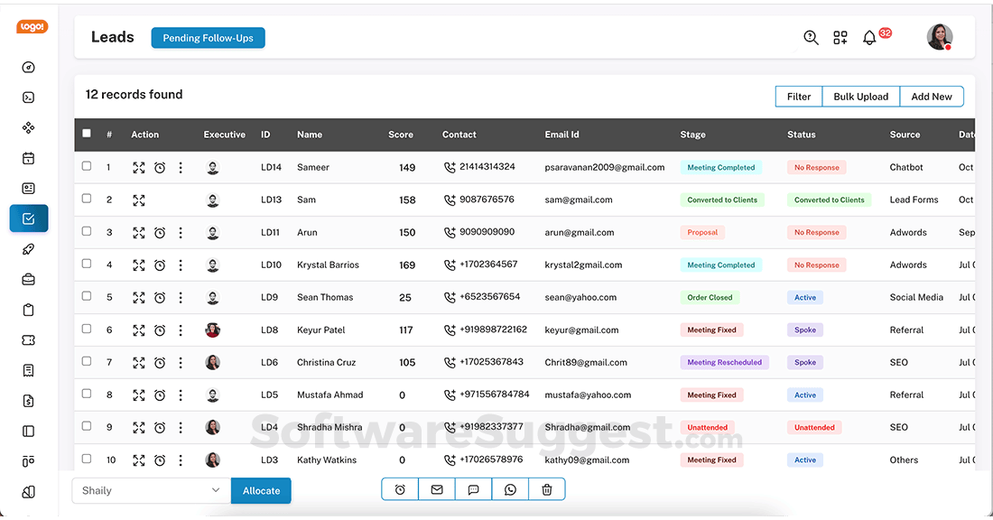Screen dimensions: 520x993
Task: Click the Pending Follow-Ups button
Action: coord(208,38)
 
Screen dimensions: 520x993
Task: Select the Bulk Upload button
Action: coord(860,97)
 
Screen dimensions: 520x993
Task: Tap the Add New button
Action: coord(931,97)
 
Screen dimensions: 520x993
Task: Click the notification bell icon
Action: coord(869,38)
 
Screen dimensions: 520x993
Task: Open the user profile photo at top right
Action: coord(939,37)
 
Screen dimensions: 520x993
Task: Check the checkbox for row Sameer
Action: coord(87,166)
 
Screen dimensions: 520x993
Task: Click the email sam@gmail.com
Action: coord(578,200)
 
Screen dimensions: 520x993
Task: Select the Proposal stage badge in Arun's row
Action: coord(702,232)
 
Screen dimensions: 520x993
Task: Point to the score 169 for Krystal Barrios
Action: coord(407,265)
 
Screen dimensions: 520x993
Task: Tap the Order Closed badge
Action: coord(710,297)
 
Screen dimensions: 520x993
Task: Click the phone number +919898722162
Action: coord(493,330)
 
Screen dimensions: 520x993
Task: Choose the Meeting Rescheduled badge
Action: coord(724,362)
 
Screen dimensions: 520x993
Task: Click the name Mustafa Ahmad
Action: coord(329,395)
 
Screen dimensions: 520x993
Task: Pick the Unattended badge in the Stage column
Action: coord(707,427)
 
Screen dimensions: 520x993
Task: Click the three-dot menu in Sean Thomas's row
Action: coord(181,297)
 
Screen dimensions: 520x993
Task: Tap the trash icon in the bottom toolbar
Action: coord(546,489)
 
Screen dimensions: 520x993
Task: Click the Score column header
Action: coord(401,135)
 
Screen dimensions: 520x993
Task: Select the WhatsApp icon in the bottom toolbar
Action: coord(510,489)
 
